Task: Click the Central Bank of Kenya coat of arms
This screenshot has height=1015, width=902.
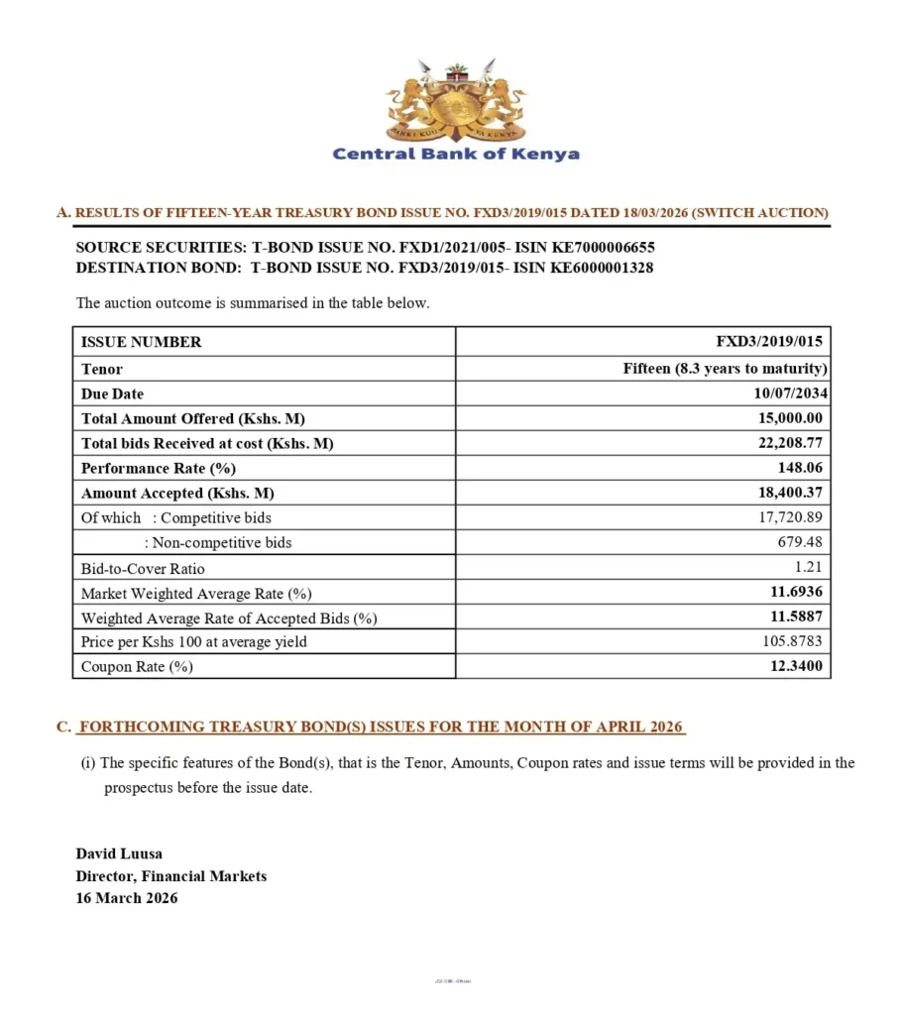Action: point(456,101)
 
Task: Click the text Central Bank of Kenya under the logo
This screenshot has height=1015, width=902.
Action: point(456,154)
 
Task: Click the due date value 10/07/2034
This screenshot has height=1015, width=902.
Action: point(791,394)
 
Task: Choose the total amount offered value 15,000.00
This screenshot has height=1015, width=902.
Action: point(790,418)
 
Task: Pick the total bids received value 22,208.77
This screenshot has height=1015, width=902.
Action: point(790,443)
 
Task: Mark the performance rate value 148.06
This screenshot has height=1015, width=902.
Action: point(800,468)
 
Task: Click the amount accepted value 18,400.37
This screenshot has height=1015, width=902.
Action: point(790,493)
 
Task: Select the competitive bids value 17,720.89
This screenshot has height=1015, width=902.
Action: point(791,517)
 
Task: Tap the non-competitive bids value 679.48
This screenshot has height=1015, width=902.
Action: point(800,542)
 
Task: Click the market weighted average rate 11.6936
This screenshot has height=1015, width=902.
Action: point(796,592)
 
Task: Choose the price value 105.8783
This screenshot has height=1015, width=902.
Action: point(794,641)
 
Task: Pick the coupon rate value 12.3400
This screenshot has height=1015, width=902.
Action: point(796,666)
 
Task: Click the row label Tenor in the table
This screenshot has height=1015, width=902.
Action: point(102,369)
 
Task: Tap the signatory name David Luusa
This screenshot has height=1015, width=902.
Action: point(119,853)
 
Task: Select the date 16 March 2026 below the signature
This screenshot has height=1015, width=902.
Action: point(127,898)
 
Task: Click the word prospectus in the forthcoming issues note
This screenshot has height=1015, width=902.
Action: point(139,789)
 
